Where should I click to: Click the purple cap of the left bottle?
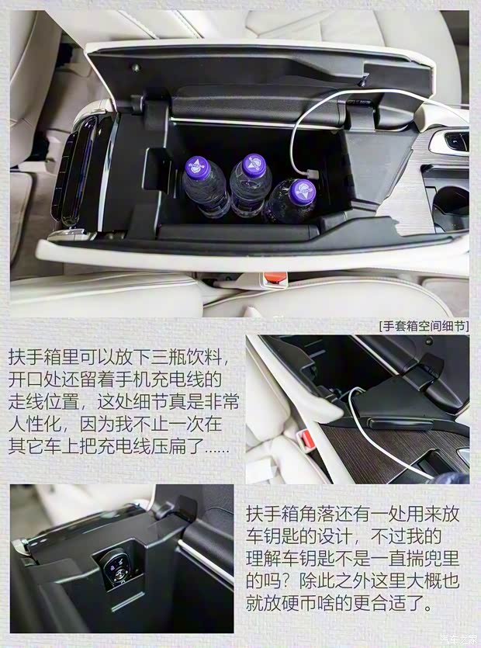[x=196, y=165]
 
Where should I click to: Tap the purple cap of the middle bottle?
[x=253, y=164]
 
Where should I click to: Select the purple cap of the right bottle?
[x=303, y=189]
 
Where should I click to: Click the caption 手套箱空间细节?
[x=424, y=326]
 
